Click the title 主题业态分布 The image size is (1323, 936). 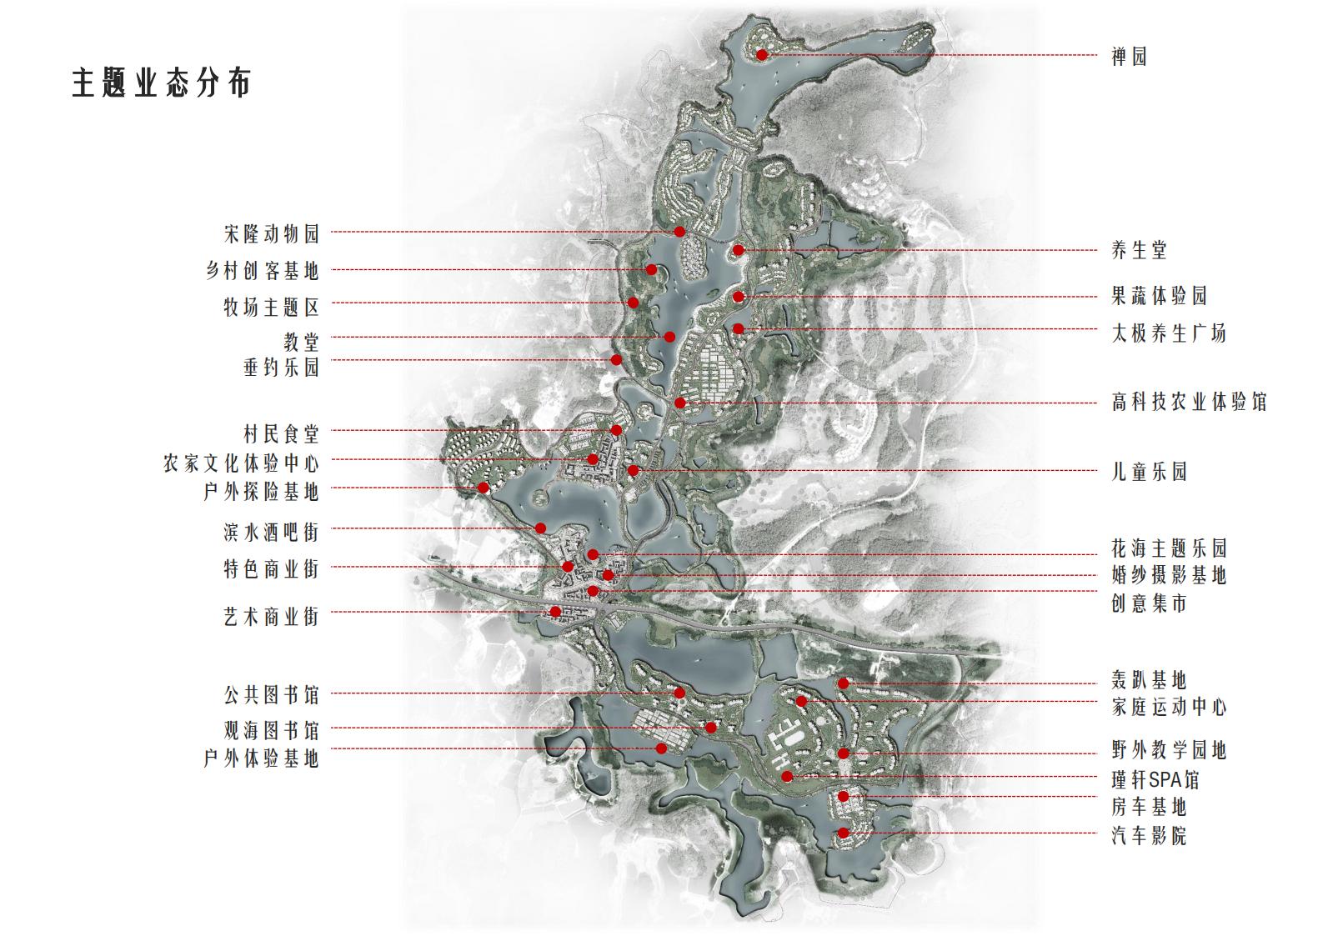(161, 83)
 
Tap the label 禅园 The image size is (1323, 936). (1129, 56)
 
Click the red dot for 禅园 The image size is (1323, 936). (762, 55)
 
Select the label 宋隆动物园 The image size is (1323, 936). (271, 233)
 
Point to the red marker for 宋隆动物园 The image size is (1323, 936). (679, 231)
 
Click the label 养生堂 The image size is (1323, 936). (1139, 249)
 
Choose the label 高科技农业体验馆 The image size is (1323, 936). (1189, 402)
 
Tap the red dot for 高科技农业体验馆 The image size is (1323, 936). (680, 403)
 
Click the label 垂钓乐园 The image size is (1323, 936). (281, 367)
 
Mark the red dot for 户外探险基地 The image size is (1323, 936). (483, 488)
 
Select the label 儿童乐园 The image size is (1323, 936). (1149, 472)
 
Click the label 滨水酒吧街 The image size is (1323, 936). (271, 530)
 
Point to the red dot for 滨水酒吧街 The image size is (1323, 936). (541, 528)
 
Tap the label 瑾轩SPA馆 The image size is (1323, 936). (1155, 779)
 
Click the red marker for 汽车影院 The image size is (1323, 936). (844, 833)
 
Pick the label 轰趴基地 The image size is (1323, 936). (1149, 679)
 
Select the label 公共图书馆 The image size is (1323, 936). (271, 693)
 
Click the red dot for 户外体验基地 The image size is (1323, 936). (662, 748)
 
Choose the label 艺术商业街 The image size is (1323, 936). (271, 617)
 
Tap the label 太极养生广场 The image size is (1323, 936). (1169, 333)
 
